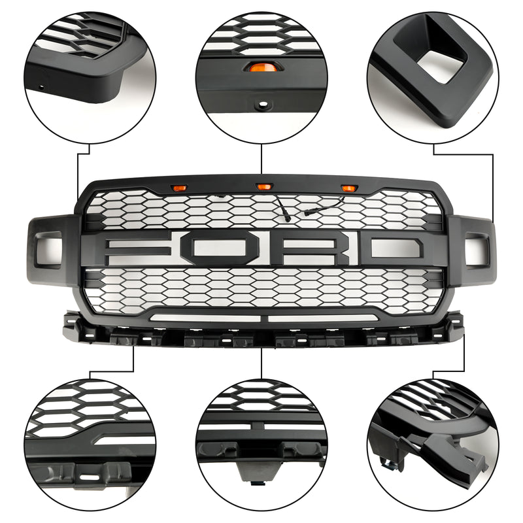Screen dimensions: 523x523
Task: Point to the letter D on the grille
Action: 392,251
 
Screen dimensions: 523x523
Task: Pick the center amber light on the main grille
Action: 263,188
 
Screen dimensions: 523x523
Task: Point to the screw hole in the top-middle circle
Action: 262,103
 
